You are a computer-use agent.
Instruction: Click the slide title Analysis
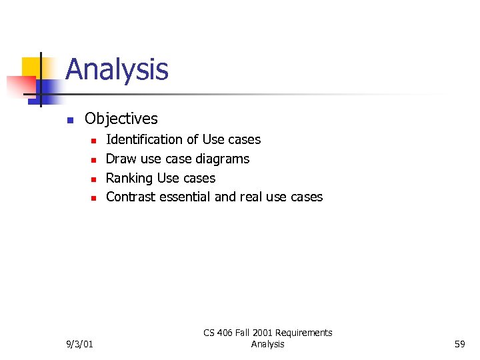coord(117,70)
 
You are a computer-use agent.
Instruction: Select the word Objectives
coord(121,119)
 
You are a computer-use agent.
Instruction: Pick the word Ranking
coord(129,178)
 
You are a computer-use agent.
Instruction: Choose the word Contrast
coord(133,197)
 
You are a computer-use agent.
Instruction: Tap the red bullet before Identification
coord(94,141)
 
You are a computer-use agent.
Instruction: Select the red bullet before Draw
coord(94,160)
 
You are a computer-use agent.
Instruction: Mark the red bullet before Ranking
coord(94,179)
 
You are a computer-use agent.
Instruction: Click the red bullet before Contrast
coord(94,198)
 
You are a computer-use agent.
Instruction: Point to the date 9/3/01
coord(80,344)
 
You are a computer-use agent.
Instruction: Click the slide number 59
coord(459,344)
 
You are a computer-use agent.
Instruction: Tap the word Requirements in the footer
coord(304,333)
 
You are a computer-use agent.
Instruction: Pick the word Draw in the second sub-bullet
coord(121,159)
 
